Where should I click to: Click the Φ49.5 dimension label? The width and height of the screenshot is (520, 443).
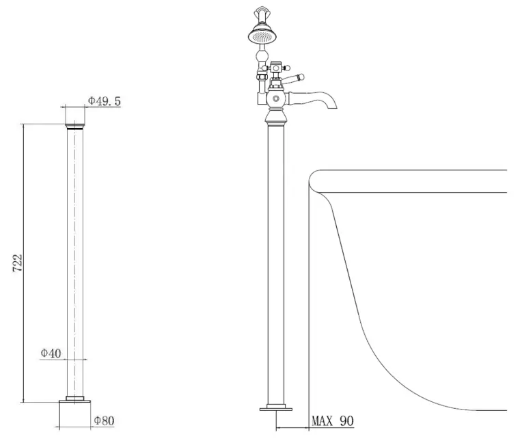point(105,101)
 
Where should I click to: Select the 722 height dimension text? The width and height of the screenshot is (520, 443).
point(18,263)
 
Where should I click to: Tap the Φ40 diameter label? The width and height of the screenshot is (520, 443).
point(51,353)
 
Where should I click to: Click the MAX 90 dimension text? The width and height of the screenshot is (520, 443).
point(333,421)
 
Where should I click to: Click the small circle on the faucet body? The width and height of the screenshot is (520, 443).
point(276,99)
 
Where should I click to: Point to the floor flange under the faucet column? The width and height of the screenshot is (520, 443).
point(276,410)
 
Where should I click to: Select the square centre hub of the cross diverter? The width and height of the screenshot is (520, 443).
point(276,68)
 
